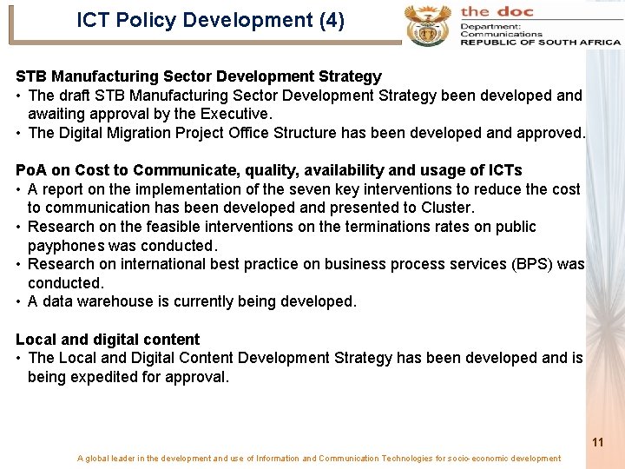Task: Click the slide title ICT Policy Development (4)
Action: (210, 21)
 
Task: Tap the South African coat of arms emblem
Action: (428, 23)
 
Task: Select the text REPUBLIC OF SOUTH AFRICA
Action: (540, 42)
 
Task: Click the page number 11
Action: (597, 442)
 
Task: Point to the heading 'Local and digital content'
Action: (108, 340)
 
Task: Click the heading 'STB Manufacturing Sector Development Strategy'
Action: (199, 76)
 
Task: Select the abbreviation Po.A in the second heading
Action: (32, 170)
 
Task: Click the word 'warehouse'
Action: (117, 301)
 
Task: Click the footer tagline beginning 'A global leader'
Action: (319, 459)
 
